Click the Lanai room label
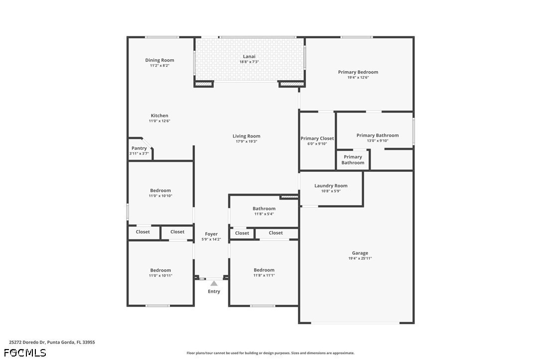click(x=249, y=57)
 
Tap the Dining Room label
click(x=159, y=60)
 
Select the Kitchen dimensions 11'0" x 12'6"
click(x=159, y=121)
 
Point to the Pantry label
click(x=139, y=148)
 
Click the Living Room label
click(x=247, y=136)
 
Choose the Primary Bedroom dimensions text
click(x=358, y=78)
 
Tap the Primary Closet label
click(x=317, y=138)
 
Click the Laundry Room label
click(x=331, y=186)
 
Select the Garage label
click(x=360, y=253)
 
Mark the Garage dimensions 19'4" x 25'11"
click(x=360, y=258)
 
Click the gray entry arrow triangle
click(x=214, y=283)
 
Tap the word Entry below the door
click(x=214, y=292)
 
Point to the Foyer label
click(x=211, y=234)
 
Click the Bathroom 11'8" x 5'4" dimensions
click(x=264, y=214)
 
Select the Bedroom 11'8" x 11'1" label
click(x=264, y=270)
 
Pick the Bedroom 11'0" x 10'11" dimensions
click(x=160, y=276)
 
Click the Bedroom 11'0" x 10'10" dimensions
click(x=160, y=196)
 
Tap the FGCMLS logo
click(x=25, y=353)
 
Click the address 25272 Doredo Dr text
click(x=27, y=343)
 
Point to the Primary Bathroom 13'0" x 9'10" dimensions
click(x=378, y=141)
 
